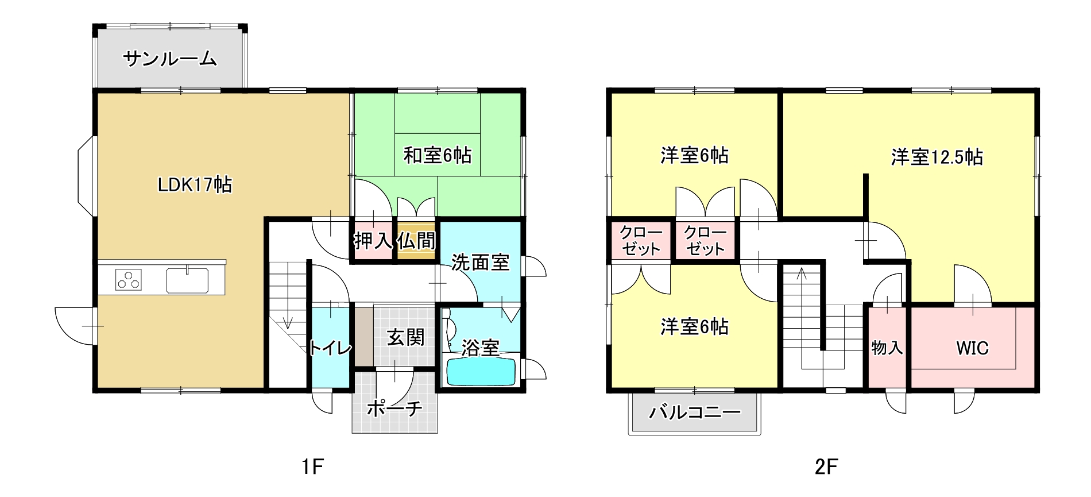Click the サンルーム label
[170, 59]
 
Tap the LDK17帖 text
[195, 184]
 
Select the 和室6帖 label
[438, 155]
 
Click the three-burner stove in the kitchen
[129, 280]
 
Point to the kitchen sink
[188, 280]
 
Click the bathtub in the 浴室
[481, 372]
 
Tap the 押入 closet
[373, 240]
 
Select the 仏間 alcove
[416, 240]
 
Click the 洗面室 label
[480, 263]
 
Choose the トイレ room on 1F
[331, 347]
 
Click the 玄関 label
[405, 337]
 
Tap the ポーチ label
[394, 409]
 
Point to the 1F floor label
[313, 467]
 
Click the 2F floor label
[826, 467]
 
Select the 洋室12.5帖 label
[937, 157]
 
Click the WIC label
[972, 348]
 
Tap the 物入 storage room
[887, 348]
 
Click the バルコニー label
[695, 412]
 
